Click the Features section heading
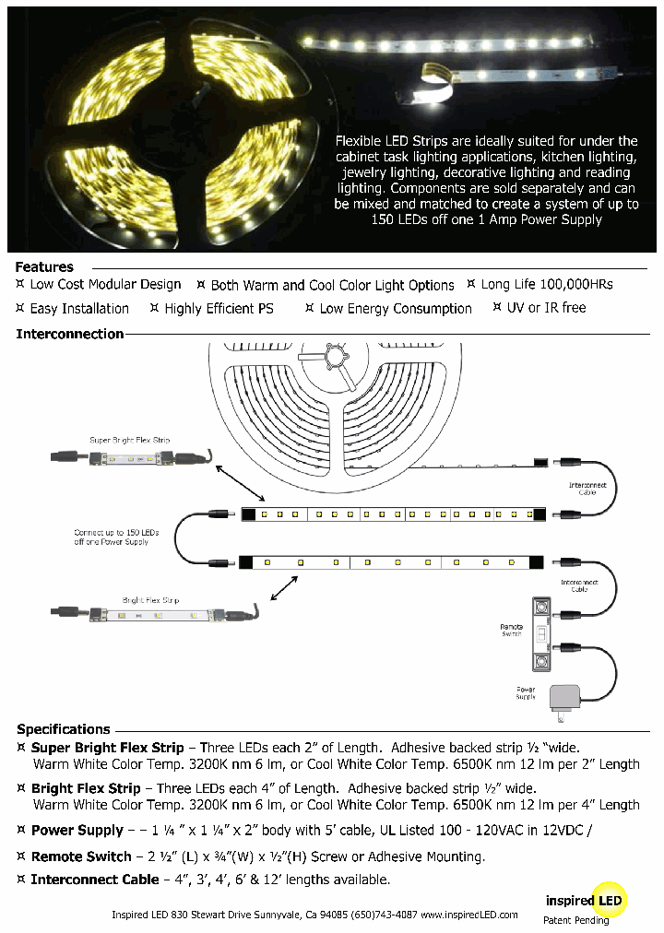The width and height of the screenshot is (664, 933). pos(44,266)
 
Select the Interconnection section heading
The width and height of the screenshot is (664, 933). pos(70,334)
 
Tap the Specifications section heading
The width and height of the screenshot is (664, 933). pos(64,728)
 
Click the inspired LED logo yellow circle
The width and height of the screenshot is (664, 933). pos(610,900)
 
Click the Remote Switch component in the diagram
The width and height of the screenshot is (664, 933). pos(540,634)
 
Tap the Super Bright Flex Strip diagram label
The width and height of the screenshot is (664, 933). pos(129,441)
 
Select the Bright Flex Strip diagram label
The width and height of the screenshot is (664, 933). pos(144,600)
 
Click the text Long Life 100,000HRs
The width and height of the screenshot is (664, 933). pos(546,284)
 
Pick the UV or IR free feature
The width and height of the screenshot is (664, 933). pos(546,308)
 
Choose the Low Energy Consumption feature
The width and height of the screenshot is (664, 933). pos(395,309)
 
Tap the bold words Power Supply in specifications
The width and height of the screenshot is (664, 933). pos(77,830)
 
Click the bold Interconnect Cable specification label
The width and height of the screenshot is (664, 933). pos(94,880)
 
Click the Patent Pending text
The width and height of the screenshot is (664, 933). pos(575,919)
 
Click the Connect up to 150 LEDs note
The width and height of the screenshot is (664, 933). pos(116,537)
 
